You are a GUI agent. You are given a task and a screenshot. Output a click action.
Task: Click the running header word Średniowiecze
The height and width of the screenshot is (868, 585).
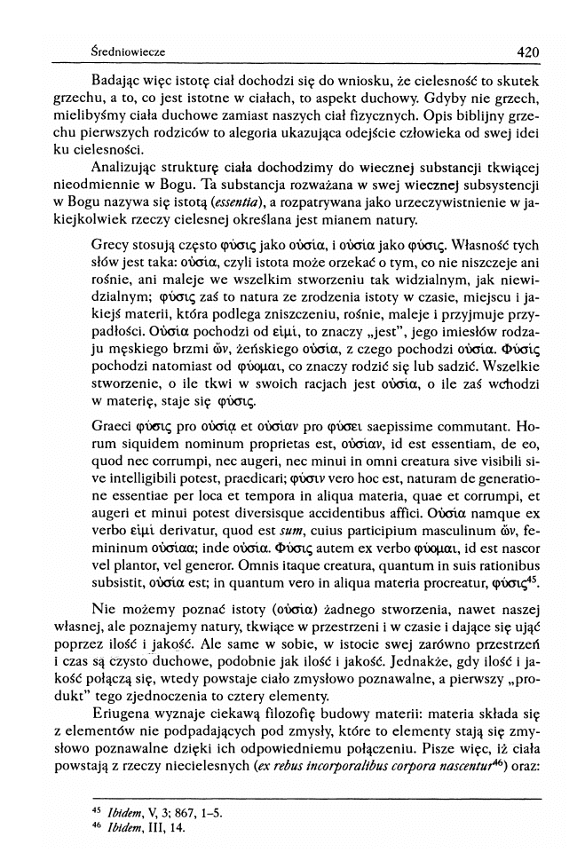tap(121, 52)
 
